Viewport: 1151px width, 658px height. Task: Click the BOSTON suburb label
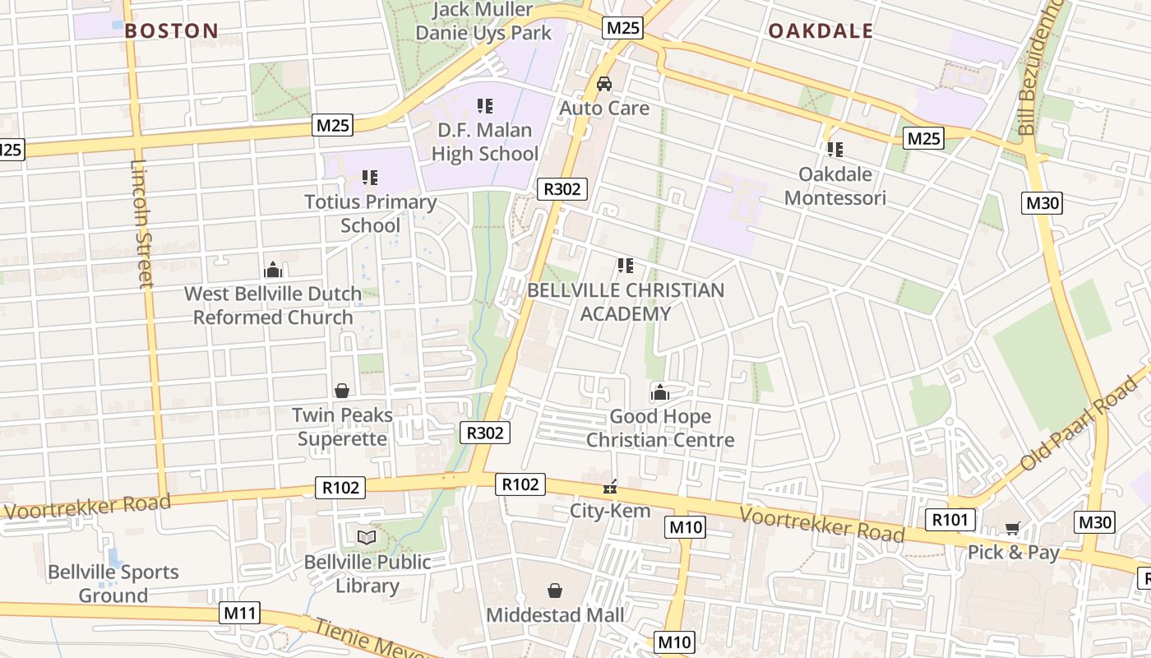[172, 31]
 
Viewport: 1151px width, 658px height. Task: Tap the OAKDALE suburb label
[820, 31]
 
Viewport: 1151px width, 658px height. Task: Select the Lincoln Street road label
[142, 223]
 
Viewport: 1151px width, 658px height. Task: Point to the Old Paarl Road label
[1077, 425]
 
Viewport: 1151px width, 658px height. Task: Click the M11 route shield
[240, 613]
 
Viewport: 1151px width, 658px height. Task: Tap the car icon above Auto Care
[604, 84]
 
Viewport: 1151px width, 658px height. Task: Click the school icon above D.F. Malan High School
[485, 106]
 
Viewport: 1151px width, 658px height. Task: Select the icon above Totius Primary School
[370, 178]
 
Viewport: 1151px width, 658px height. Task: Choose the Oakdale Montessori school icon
[835, 150]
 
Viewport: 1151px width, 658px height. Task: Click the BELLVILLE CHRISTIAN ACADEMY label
[626, 302]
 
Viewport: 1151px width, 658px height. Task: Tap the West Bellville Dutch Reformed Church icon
[273, 270]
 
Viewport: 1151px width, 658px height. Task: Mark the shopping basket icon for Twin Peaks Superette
[342, 391]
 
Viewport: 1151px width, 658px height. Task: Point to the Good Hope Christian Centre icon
[659, 393]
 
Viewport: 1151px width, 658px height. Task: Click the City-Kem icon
[610, 488]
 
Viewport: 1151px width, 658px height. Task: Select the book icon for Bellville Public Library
[367, 538]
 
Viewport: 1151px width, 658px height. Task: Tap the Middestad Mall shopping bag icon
[555, 591]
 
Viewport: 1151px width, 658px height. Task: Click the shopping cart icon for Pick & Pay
[1013, 529]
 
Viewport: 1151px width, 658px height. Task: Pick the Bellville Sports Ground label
[113, 583]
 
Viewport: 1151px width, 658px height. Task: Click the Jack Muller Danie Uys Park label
[483, 22]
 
